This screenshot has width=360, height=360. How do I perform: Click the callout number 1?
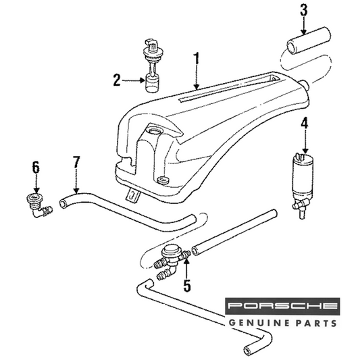click(196, 61)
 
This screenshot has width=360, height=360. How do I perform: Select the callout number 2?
click(117, 80)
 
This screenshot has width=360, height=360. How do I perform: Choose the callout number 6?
click(36, 167)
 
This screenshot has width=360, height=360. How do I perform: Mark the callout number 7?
click(76, 162)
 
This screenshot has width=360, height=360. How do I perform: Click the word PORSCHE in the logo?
click(282, 306)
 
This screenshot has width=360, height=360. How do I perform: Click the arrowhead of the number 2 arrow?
click(143, 80)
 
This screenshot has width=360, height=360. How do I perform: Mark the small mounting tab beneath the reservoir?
click(132, 195)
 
